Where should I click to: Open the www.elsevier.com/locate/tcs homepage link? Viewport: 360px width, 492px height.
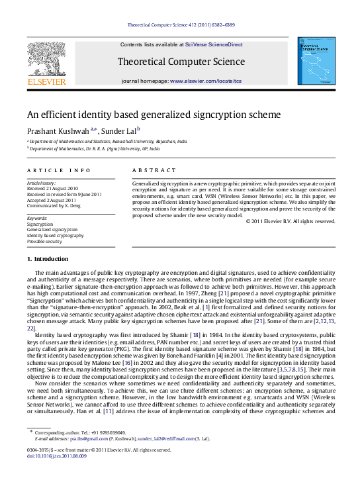tap(206, 80)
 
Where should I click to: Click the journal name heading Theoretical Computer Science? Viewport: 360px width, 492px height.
tap(181, 62)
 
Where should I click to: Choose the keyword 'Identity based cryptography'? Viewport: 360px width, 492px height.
tap(55, 235)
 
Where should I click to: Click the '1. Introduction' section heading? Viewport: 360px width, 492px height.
tap(47, 259)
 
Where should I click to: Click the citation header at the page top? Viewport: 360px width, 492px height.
tap(180, 26)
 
